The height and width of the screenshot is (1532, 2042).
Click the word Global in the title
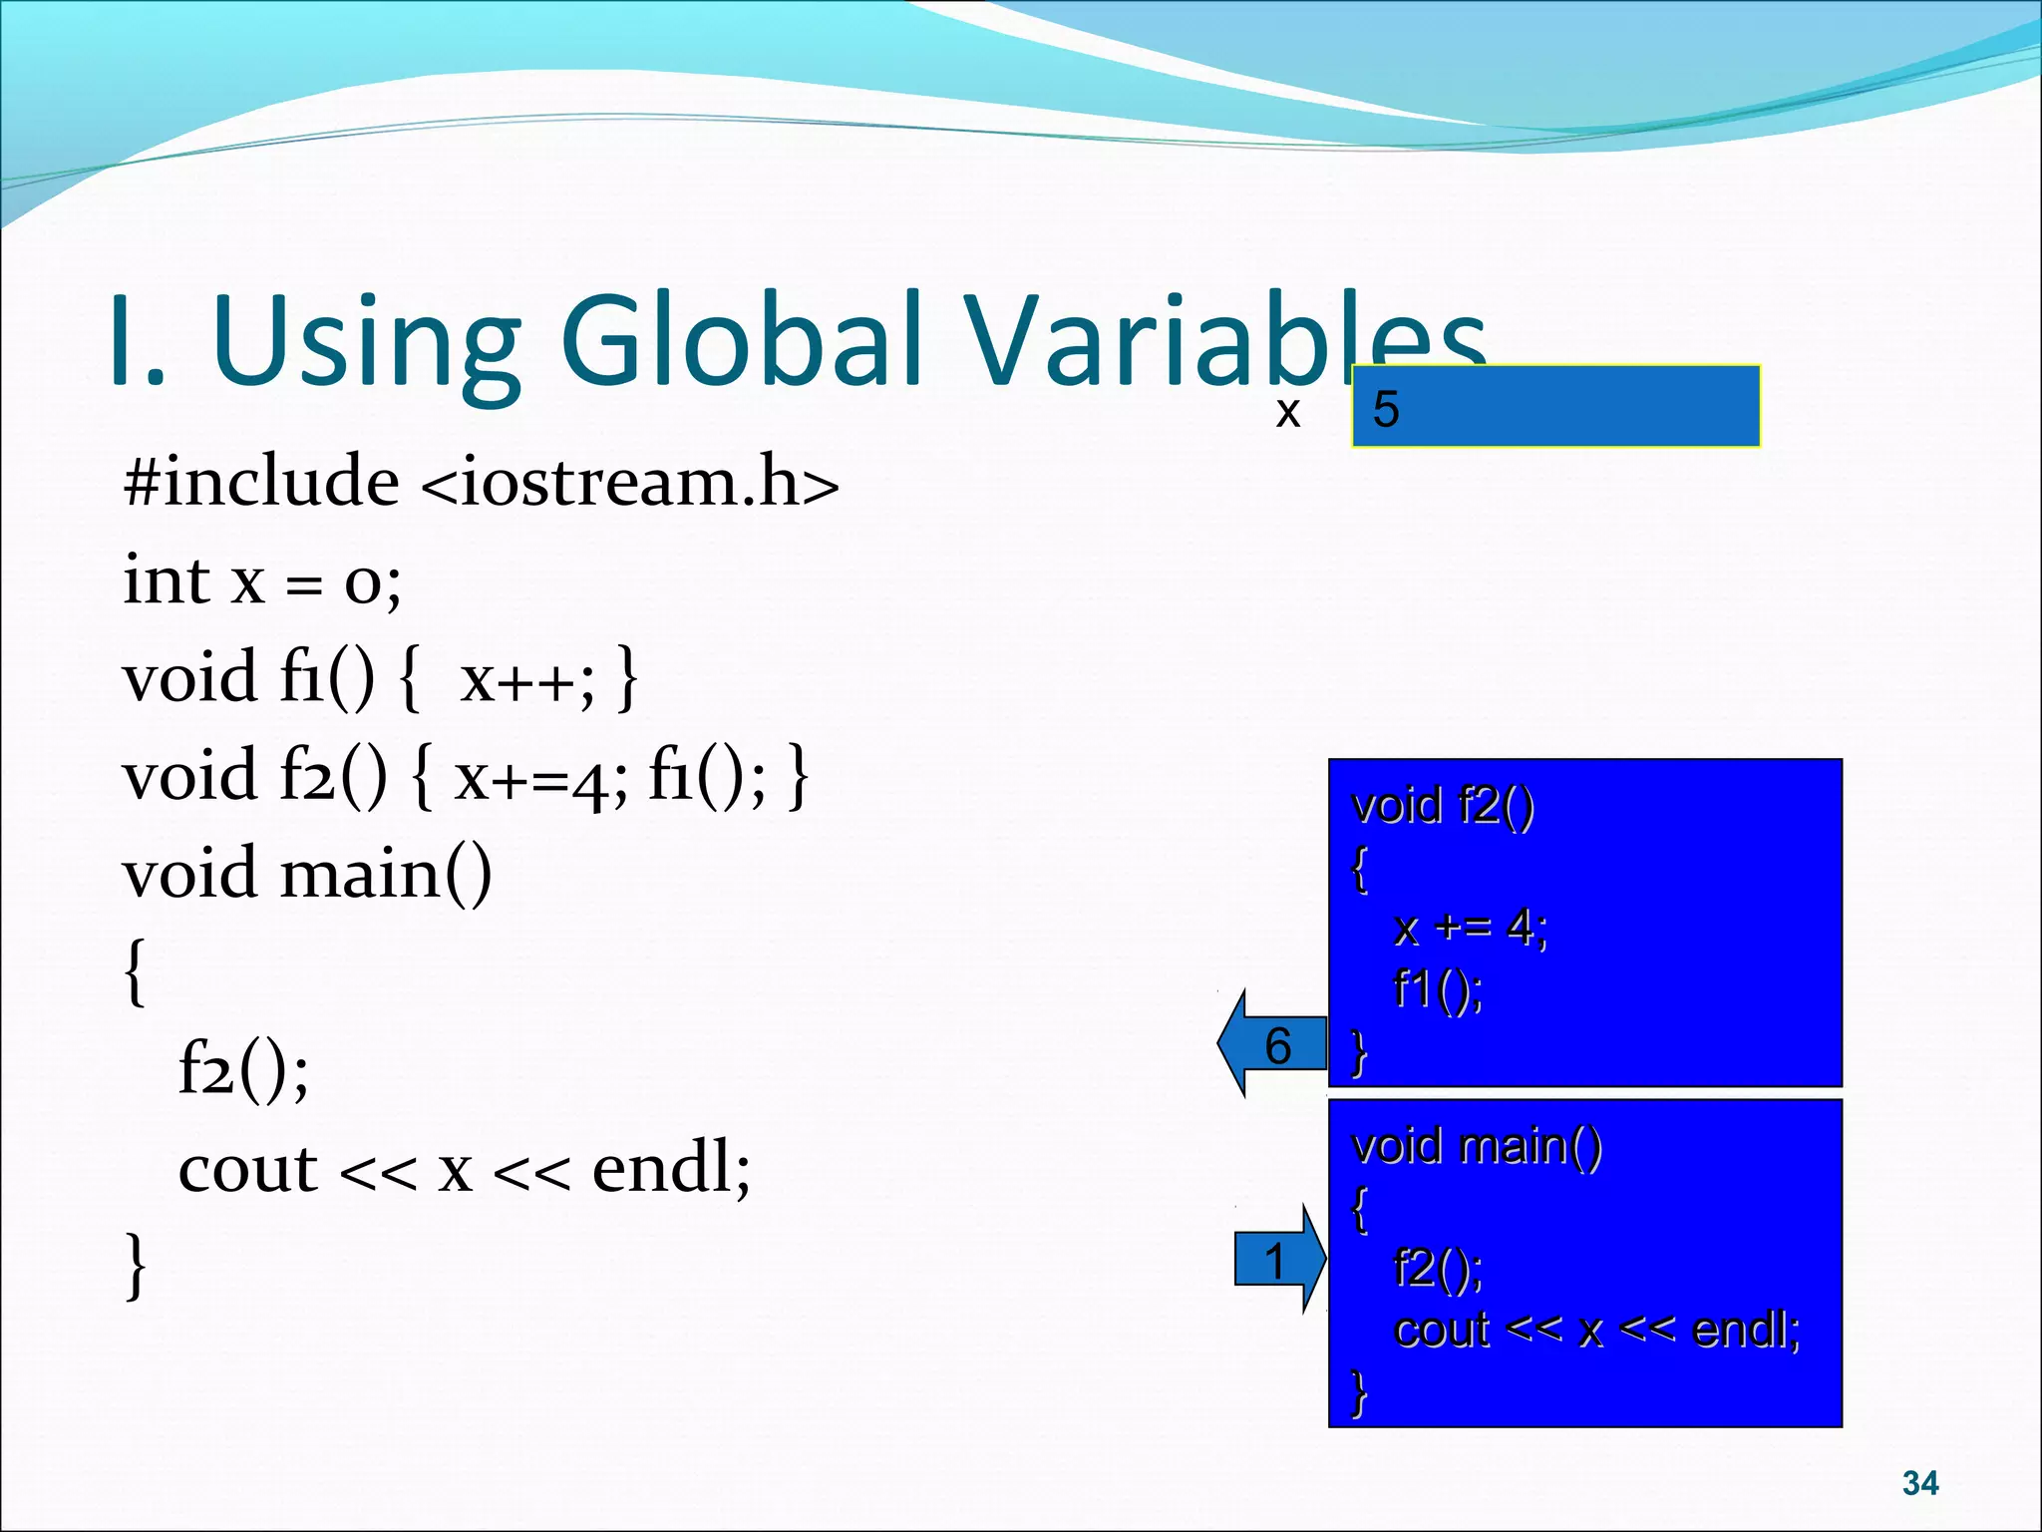pos(743,341)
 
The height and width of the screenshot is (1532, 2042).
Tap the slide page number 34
pos(1919,1483)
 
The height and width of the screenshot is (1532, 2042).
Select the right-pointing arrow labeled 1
pos(1278,1260)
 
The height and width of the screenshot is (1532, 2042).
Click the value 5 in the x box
pos(1386,409)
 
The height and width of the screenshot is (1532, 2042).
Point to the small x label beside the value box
pos(1287,412)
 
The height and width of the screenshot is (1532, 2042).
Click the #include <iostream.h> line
pos(481,482)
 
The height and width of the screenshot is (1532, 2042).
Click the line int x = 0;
pos(262,580)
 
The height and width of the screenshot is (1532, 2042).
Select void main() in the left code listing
pos(307,874)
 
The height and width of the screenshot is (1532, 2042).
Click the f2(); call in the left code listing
pos(243,1069)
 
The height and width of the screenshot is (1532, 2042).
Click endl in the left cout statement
pos(670,1168)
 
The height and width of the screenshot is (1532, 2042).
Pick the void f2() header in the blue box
pos(1442,805)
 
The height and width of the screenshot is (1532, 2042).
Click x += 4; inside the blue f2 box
pos(1470,928)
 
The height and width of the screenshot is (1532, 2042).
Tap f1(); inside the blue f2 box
pos(1438,989)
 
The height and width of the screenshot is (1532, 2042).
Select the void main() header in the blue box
pos(1476,1146)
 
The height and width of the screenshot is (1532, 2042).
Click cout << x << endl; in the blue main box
pos(1596,1330)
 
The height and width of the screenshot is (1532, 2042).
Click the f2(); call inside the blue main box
pos(1438,1268)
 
